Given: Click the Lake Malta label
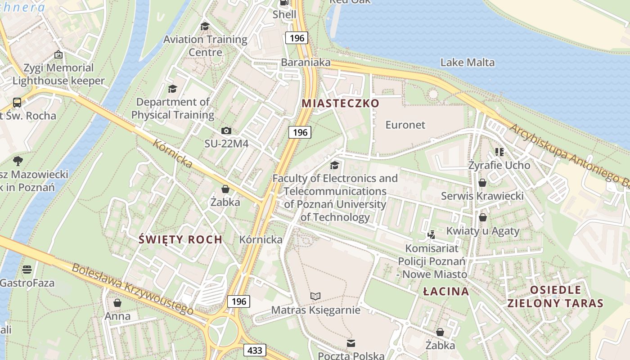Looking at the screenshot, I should tap(467, 63).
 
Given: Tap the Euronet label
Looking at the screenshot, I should tap(405, 125).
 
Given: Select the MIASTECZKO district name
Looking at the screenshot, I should tap(341, 103).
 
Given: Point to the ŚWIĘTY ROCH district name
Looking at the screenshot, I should tap(180, 239).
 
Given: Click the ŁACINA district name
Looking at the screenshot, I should tap(446, 291).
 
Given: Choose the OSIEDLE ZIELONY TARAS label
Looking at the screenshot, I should tap(555, 296).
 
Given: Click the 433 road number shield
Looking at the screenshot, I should tap(255, 350).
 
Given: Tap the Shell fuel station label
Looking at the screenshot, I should tap(284, 14).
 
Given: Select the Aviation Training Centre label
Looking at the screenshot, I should tap(205, 45).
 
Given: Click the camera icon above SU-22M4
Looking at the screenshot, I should tap(226, 131).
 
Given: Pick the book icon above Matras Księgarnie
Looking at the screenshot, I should tap(315, 296).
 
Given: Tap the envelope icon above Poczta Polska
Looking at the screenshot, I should tap(351, 343).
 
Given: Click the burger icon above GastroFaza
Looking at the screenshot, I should tap(27, 270).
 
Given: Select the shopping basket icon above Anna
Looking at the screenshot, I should tap(117, 303).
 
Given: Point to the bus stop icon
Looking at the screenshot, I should tap(17, 103).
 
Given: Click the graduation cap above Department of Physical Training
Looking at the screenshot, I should tap(172, 89).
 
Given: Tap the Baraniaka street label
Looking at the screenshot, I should tap(306, 63).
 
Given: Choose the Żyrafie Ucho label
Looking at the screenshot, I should tap(499, 165).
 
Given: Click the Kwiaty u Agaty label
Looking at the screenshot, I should tap(483, 231).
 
